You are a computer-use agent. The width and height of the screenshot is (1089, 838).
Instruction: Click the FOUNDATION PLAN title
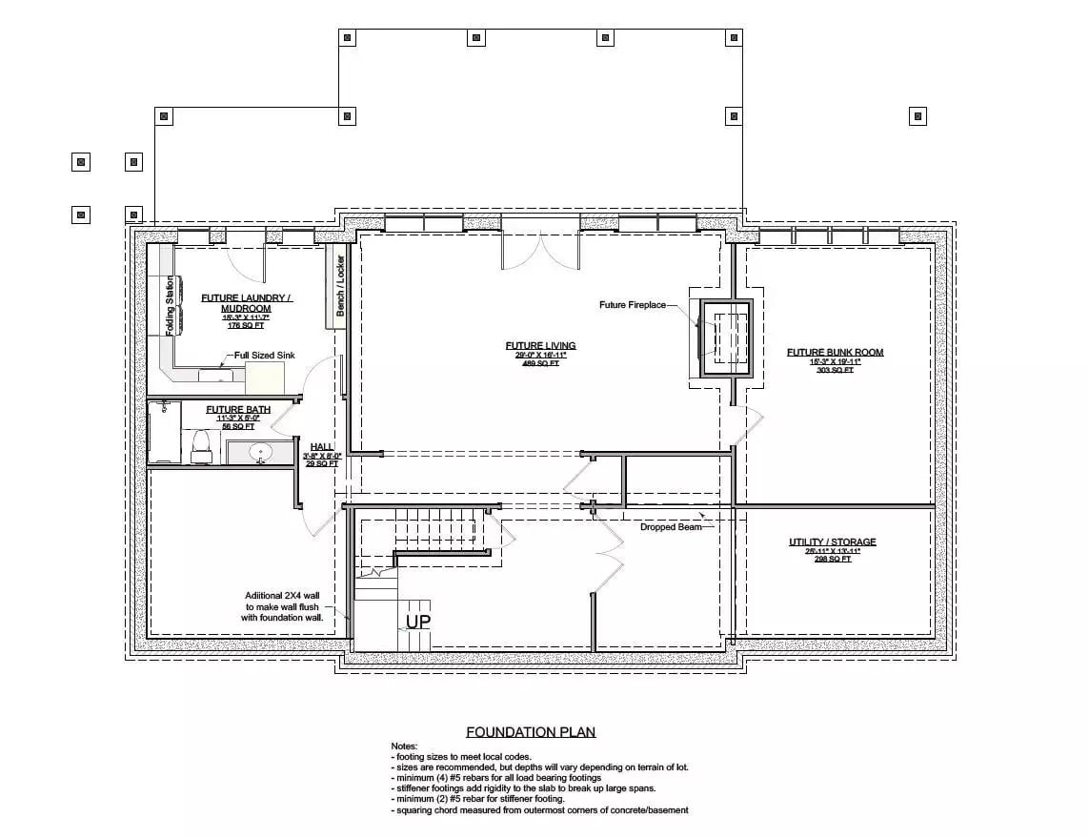pos(531,732)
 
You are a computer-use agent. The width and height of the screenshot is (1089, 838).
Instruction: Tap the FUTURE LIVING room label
pos(540,345)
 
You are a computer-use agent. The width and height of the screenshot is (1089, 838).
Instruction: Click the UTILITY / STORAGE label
pos(832,542)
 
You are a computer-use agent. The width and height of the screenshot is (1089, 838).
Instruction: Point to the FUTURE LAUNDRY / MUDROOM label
pos(247,303)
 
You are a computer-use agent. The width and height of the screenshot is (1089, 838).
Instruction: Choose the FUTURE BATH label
pos(238,409)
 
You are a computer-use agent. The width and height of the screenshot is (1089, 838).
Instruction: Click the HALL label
pos(321,446)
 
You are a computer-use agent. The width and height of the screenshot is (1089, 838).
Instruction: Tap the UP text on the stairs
pos(418,621)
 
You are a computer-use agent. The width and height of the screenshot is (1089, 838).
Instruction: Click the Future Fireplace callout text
pos(633,305)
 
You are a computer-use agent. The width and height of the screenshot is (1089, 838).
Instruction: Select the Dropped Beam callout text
pos(671,526)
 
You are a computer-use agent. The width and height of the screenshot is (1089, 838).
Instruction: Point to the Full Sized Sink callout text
pos(265,355)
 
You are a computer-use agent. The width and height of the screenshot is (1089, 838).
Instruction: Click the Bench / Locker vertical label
pos(338,285)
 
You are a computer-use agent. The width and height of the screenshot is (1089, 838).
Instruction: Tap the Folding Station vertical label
pos(171,305)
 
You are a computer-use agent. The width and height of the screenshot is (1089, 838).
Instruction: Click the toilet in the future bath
pos(201,445)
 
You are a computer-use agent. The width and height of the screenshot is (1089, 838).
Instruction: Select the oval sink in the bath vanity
pos(261,452)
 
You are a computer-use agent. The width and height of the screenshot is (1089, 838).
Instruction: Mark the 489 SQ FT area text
pos(540,363)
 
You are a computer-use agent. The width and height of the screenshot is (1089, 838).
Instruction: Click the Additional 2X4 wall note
pos(284,605)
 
